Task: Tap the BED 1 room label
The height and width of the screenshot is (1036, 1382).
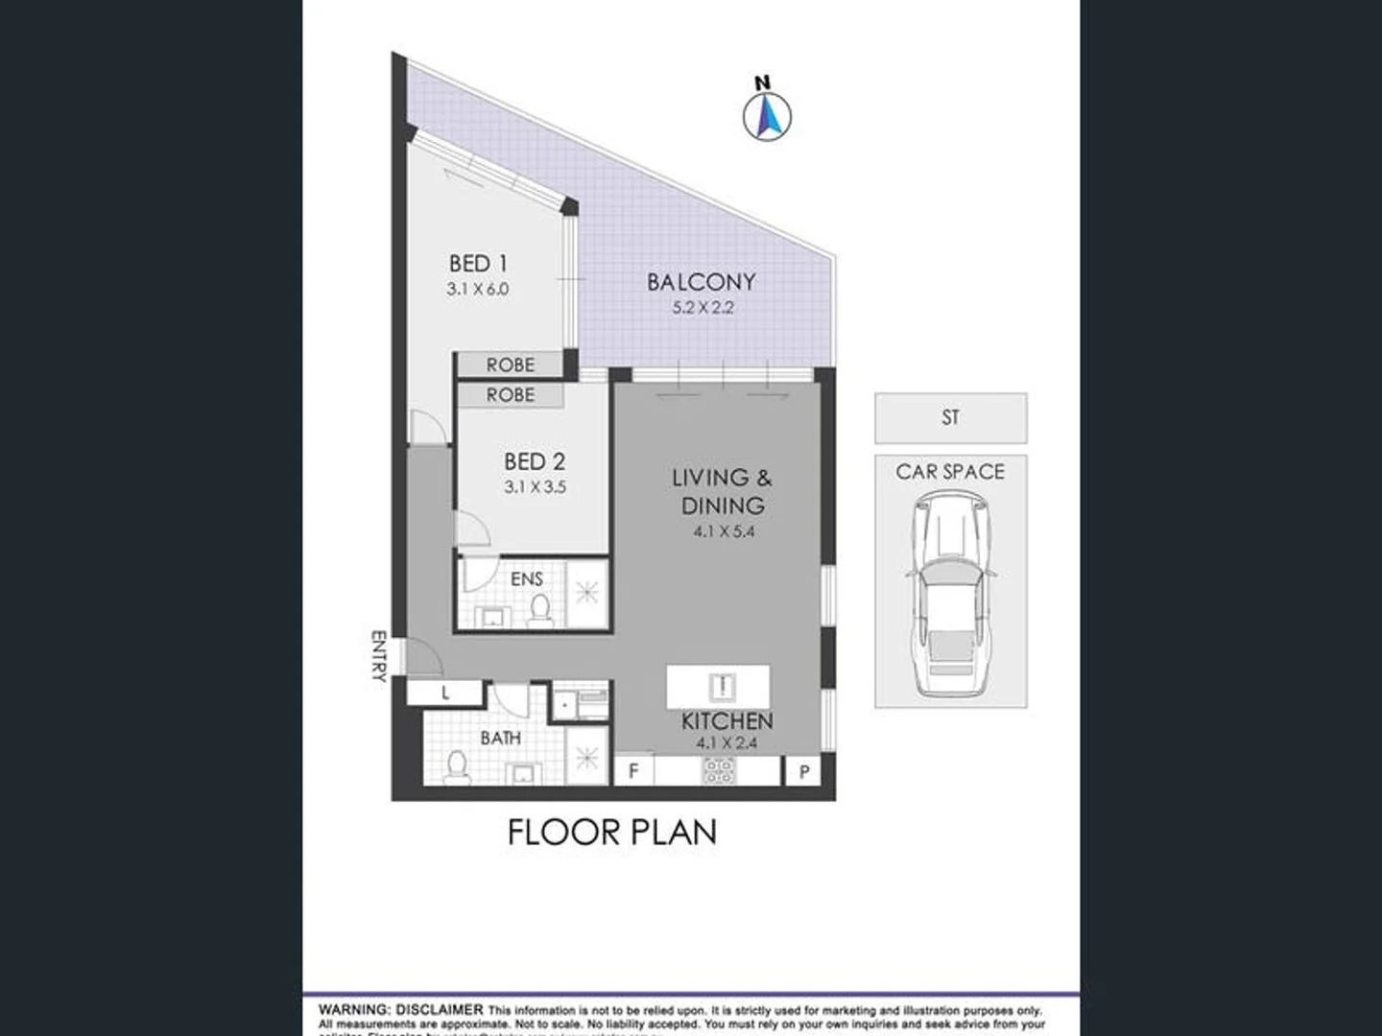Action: (x=478, y=263)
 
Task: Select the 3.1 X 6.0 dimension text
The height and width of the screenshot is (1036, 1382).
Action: (x=478, y=289)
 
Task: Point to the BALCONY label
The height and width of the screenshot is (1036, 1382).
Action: (x=702, y=282)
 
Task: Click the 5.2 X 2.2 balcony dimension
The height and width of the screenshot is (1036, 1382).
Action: (x=703, y=308)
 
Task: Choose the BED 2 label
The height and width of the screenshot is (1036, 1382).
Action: (x=535, y=461)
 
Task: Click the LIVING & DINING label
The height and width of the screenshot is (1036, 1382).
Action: (x=723, y=491)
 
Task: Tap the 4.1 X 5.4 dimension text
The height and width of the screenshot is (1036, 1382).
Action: (x=725, y=531)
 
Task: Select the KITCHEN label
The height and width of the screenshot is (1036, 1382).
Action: (x=727, y=721)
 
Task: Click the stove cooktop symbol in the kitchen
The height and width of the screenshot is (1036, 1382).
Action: (x=720, y=770)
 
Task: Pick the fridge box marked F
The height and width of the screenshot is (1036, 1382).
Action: (x=633, y=770)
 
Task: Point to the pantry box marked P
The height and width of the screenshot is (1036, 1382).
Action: (x=804, y=771)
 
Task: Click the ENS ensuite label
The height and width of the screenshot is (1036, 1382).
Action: (x=527, y=578)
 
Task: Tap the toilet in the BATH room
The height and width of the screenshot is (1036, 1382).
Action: (x=457, y=766)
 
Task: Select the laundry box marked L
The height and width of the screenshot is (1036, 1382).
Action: (x=445, y=693)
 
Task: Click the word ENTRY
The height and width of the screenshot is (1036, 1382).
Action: (x=378, y=655)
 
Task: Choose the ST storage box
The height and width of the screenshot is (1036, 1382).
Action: (x=950, y=417)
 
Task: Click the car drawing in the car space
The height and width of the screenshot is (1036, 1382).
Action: (x=950, y=595)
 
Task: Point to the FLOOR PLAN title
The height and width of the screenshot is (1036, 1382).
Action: (x=612, y=832)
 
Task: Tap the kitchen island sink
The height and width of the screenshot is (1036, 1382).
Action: (x=721, y=686)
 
